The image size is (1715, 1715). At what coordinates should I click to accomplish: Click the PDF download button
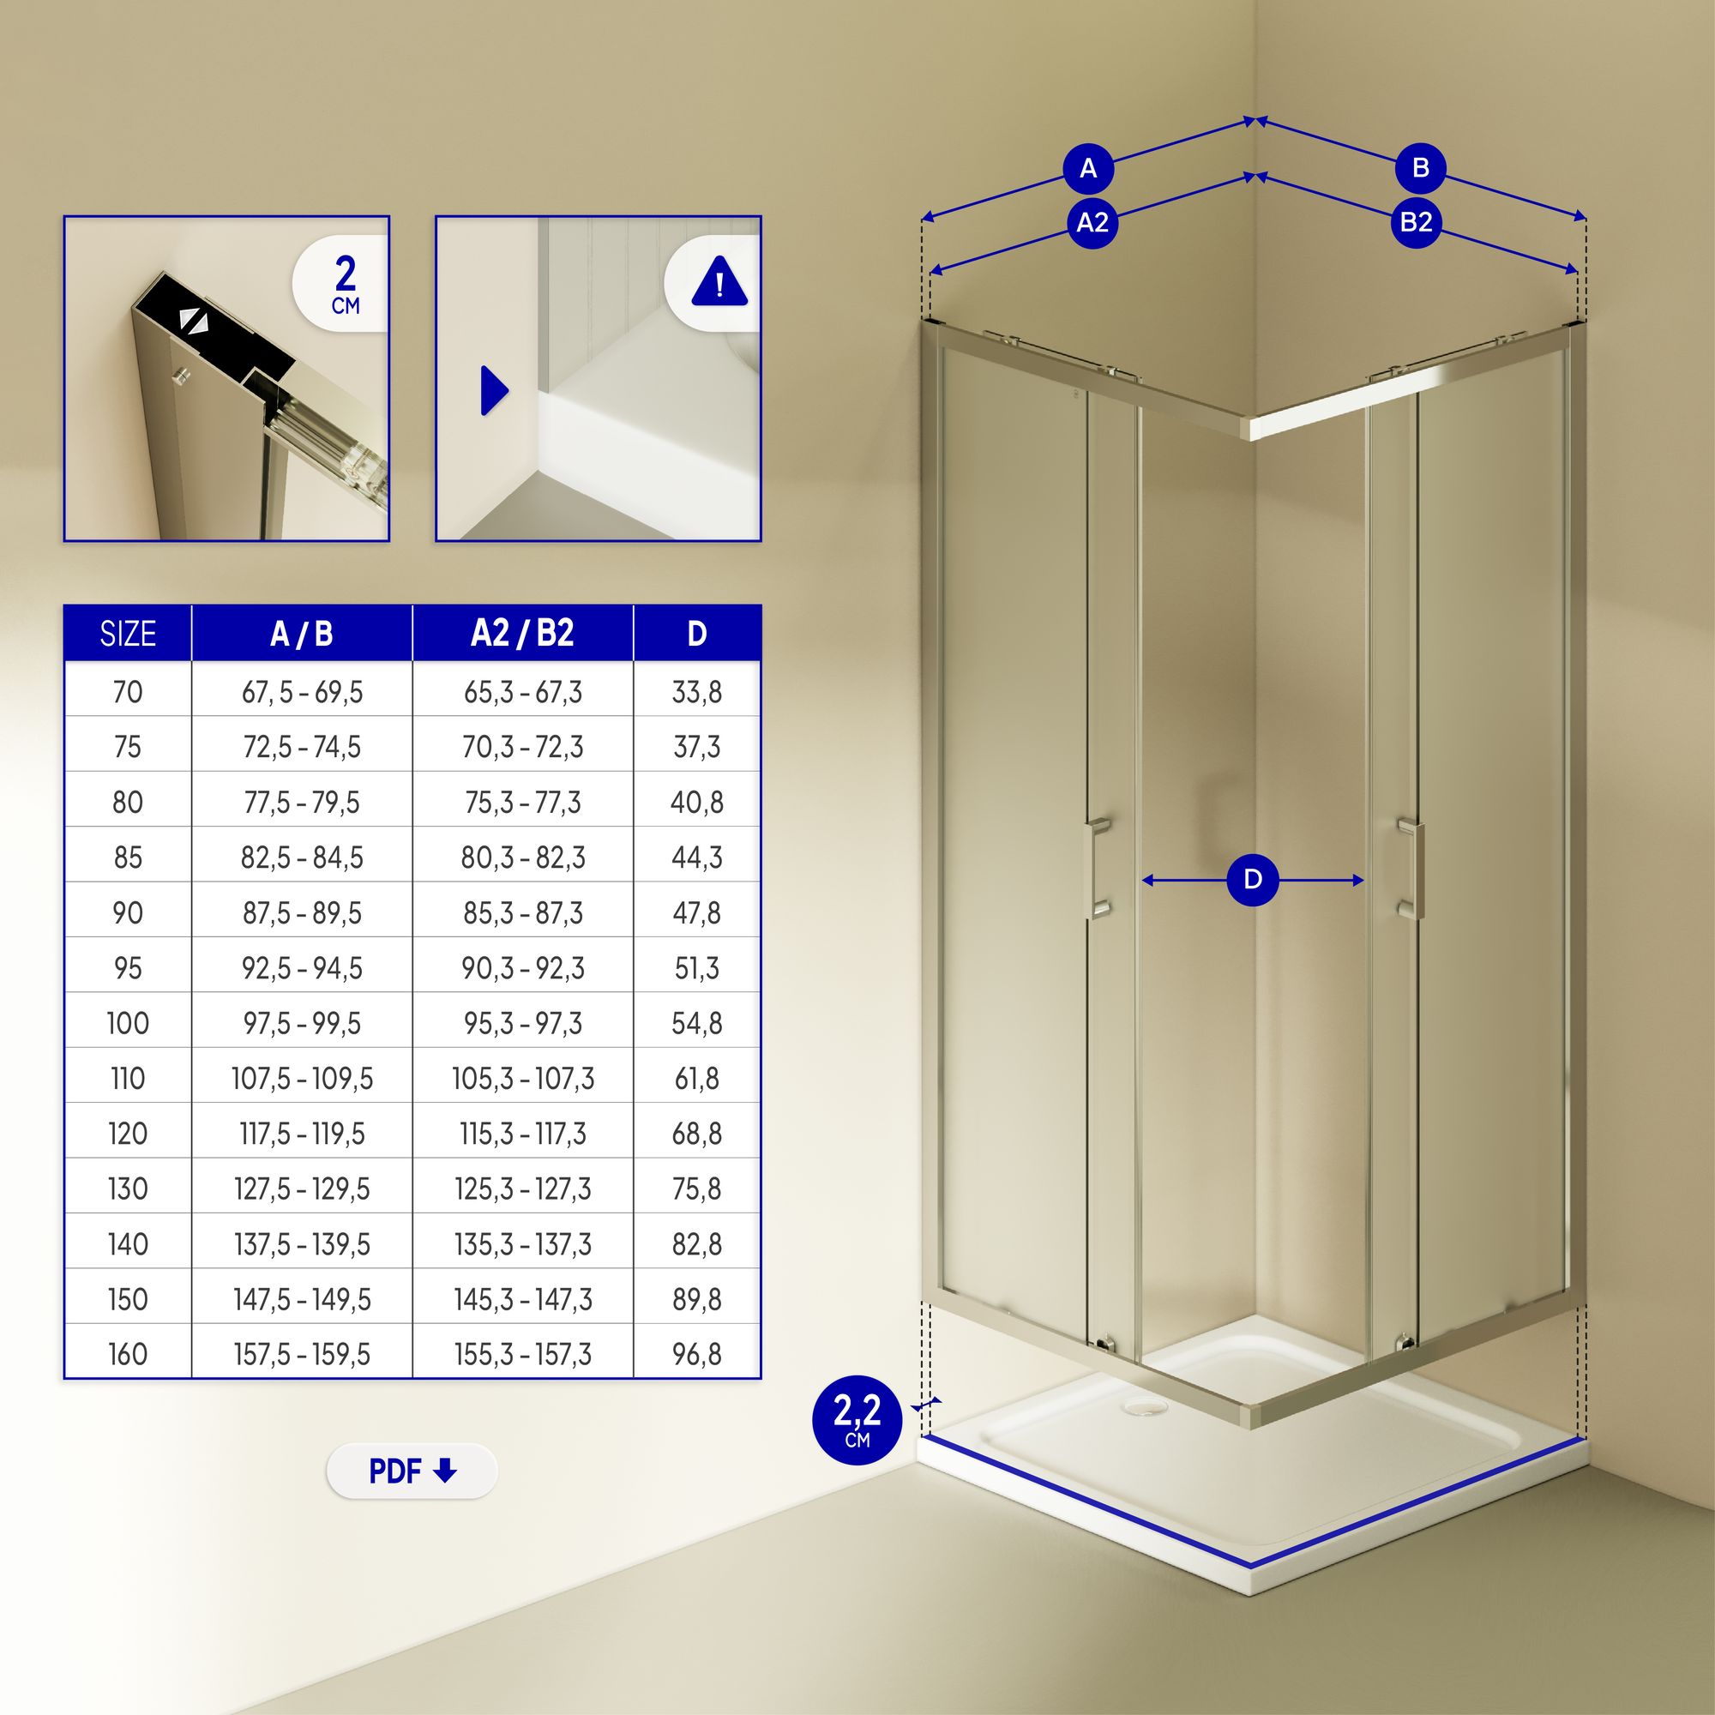pos(412,1471)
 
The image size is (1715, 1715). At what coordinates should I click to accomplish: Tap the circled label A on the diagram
pos(1088,168)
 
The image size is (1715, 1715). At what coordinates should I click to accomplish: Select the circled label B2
pos(1416,222)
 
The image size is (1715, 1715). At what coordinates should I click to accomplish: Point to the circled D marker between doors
pos(1253,880)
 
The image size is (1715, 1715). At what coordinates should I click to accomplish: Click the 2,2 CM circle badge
pos(857,1420)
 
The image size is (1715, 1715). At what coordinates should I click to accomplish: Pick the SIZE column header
pos(128,634)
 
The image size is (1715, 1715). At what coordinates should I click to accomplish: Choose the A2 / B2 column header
pos(523,634)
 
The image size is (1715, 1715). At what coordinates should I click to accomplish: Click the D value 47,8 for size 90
pos(697,912)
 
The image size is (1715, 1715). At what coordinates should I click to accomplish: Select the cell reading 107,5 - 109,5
pos(303,1079)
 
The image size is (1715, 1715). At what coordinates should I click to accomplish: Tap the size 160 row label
pos(128,1355)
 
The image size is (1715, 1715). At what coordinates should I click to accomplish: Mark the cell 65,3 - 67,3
pos(523,691)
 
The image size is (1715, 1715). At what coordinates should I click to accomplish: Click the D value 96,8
pos(697,1355)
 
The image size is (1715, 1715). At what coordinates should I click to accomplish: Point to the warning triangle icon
pos(719,281)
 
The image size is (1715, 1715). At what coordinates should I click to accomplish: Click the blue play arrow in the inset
pos(494,389)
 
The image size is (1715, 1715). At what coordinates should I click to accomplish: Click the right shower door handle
pos(1411,868)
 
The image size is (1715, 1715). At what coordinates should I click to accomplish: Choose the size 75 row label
pos(128,747)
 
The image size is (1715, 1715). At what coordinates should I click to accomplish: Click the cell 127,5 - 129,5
pos(303,1188)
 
